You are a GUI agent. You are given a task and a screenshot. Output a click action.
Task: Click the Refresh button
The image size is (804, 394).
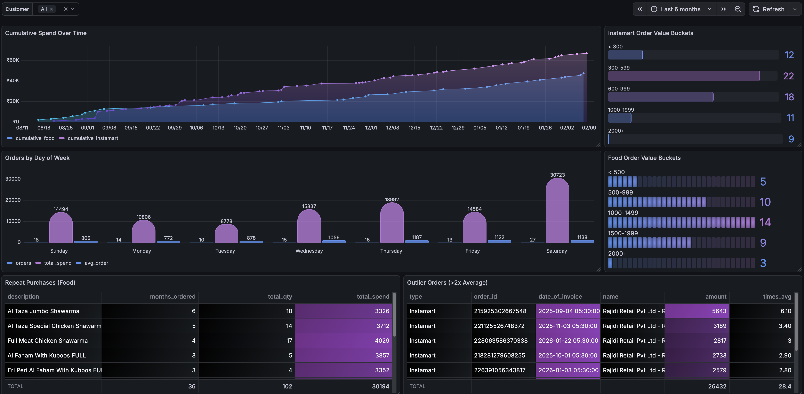pyautogui.click(x=769, y=9)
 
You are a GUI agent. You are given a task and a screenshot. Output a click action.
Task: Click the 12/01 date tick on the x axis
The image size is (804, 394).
pyautogui.click(x=371, y=128)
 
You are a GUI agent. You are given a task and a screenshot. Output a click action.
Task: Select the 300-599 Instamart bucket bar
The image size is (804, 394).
pyautogui.click(x=684, y=76)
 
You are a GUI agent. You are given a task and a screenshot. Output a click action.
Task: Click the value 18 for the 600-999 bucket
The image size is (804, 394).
pyautogui.click(x=789, y=97)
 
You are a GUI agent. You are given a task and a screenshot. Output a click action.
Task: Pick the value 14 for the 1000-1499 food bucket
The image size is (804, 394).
pyautogui.click(x=765, y=222)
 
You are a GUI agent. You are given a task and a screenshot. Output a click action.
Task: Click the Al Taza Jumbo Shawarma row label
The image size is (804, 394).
pyautogui.click(x=43, y=311)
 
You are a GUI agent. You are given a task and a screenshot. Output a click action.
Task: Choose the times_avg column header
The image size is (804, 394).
pyautogui.click(x=777, y=297)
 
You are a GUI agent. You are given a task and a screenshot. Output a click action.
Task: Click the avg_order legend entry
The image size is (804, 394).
pyautogui.click(x=96, y=263)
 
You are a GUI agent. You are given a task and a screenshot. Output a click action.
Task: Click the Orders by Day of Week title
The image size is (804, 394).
pyautogui.click(x=37, y=158)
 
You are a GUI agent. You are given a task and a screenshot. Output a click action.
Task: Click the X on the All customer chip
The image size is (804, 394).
pyautogui.click(x=51, y=9)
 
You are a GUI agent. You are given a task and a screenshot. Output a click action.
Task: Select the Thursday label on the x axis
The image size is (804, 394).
pyautogui.click(x=391, y=251)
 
